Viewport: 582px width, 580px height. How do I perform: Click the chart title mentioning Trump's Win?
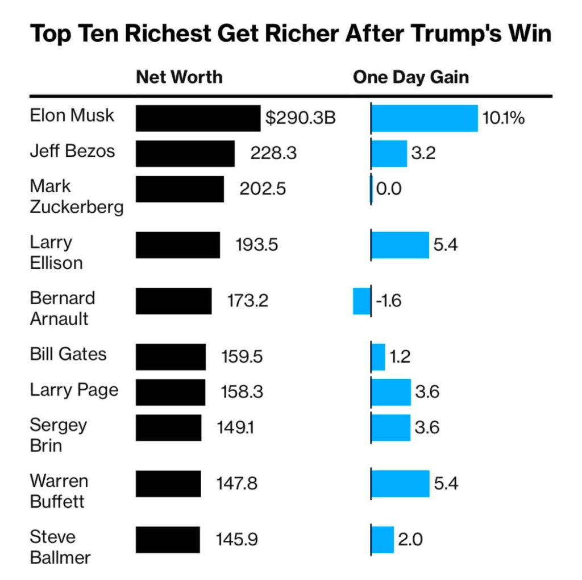(290, 34)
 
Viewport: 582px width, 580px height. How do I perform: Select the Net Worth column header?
(179, 77)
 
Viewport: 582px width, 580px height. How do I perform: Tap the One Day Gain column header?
(410, 77)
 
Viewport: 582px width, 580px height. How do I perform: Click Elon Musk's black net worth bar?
(198, 118)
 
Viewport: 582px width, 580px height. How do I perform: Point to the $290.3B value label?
(301, 118)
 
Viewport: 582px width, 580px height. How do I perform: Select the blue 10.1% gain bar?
(424, 118)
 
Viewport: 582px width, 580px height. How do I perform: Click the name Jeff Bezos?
(72, 151)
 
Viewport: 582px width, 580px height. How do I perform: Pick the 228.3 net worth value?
(273, 154)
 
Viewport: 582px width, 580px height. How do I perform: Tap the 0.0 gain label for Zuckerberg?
(389, 189)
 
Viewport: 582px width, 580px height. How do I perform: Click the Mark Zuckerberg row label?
(76, 196)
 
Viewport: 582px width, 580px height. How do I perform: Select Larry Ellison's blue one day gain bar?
(400, 245)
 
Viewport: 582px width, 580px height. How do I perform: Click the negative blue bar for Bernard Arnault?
(361, 301)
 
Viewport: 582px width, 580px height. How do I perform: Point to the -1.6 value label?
(388, 301)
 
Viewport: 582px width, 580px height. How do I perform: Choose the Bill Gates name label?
(68, 354)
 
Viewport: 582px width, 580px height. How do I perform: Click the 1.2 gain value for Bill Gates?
(400, 357)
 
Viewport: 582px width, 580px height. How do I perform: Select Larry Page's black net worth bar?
(171, 392)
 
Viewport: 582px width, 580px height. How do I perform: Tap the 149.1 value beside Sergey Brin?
(235, 428)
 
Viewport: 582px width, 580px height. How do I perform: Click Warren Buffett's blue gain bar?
(400, 483)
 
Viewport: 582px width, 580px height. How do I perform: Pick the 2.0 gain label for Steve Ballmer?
(410, 540)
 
